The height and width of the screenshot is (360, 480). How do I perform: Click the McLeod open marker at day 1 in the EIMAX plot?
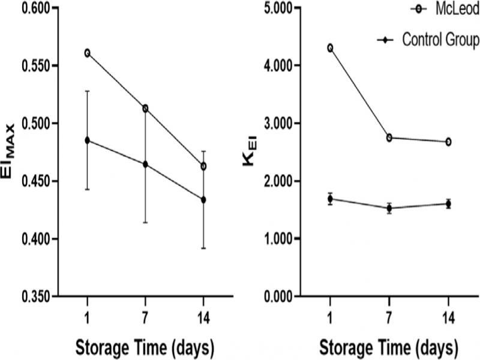(x=88, y=53)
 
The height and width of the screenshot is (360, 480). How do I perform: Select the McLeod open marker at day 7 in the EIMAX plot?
(x=145, y=109)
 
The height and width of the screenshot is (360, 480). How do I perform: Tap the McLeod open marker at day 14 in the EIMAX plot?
(x=203, y=166)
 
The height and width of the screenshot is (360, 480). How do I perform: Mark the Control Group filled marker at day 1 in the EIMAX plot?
(x=88, y=140)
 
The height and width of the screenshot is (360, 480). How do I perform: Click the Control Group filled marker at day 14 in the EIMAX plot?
(x=203, y=200)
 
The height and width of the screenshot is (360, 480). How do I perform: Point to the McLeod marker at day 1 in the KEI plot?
(x=330, y=47)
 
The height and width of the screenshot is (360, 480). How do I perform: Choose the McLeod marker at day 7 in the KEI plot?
(x=389, y=137)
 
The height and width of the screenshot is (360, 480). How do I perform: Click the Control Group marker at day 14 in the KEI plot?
(x=448, y=204)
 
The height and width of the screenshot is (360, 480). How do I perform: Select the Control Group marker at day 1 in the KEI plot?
(x=330, y=199)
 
